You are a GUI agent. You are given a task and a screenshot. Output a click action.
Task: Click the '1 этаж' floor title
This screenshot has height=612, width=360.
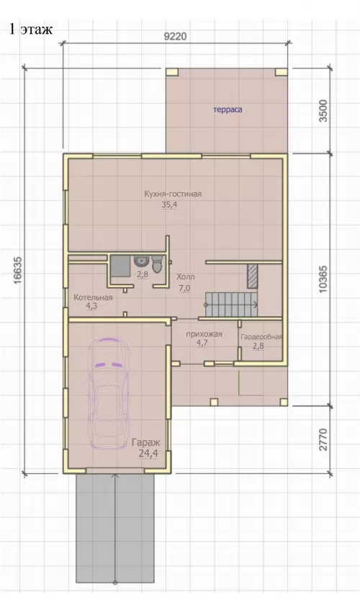coord(31,30)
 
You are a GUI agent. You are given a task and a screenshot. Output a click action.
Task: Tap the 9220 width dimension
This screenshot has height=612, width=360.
coord(175,37)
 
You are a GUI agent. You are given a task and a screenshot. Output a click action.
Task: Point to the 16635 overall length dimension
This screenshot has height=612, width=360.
coord(17,270)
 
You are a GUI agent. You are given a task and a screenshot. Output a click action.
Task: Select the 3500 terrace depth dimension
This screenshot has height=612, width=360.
coord(324,111)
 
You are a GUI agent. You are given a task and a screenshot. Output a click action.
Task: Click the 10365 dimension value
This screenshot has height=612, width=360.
coord(324,279)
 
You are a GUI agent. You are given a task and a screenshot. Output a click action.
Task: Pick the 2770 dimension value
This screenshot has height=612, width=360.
coord(324,439)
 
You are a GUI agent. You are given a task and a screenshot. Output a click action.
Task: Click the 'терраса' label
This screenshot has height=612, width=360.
coord(228,109)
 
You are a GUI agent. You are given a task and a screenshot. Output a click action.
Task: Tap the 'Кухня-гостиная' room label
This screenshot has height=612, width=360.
coord(173,194)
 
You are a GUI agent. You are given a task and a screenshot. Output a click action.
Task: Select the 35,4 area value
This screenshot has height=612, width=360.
coord(169,205)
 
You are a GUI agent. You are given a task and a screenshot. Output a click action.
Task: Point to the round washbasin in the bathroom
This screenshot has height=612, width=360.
coord(140,261)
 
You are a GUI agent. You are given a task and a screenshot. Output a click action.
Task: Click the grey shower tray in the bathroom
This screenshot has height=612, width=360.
coord(120,266)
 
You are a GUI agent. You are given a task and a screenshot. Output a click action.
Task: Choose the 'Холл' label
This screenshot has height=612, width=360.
coord(186,276)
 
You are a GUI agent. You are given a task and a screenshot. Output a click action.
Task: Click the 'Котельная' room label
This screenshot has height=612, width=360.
coord(93,297)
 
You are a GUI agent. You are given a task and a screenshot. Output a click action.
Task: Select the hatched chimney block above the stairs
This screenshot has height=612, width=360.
coord(253,276)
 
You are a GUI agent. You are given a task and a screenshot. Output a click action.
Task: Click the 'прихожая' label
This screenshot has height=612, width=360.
coord(204,334)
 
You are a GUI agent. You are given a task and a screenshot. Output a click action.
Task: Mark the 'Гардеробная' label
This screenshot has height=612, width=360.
coord(261,336)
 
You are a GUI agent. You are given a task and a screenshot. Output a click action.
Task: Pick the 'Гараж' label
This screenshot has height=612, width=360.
coord(146,443)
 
